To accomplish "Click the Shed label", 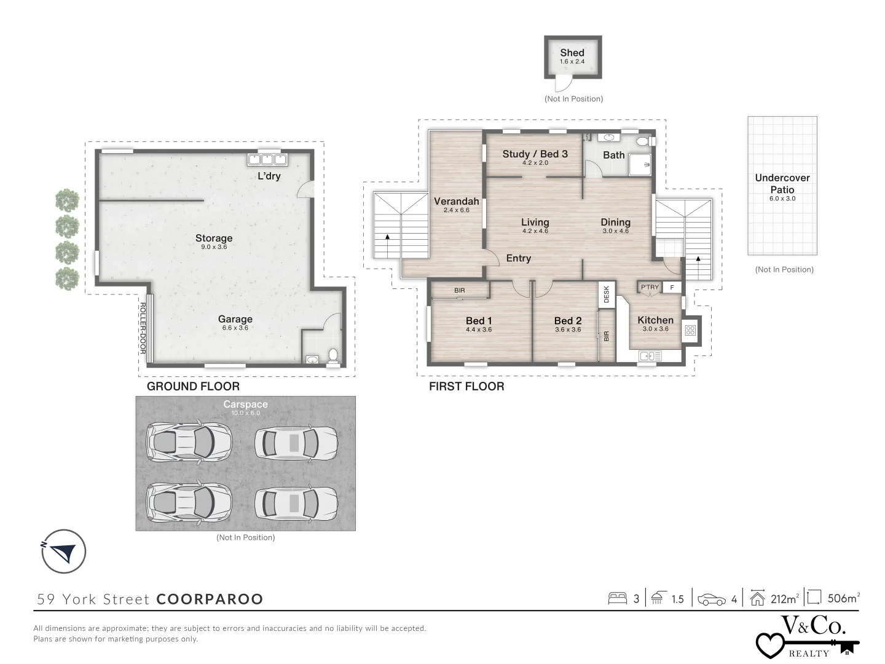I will (572, 53).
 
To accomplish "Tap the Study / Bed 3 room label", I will (535, 154).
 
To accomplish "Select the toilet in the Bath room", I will (643, 141).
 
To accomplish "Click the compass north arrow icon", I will (63, 551).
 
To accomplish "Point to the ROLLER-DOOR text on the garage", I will (142, 328).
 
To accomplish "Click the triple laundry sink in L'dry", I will (267, 160).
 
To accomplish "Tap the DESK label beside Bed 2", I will (607, 294).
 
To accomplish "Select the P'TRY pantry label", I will (650, 287).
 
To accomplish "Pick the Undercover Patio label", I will (782, 183).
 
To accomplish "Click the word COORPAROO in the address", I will (210, 599).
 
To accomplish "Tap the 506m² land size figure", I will (842, 598).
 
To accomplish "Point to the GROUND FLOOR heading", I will (193, 386).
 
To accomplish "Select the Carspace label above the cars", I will (245, 405).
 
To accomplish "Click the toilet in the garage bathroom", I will (333, 357).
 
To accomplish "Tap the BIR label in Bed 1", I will (460, 290).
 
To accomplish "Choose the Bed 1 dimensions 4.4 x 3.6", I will (479, 330).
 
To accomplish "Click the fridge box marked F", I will (672, 287).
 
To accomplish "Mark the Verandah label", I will (456, 201).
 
